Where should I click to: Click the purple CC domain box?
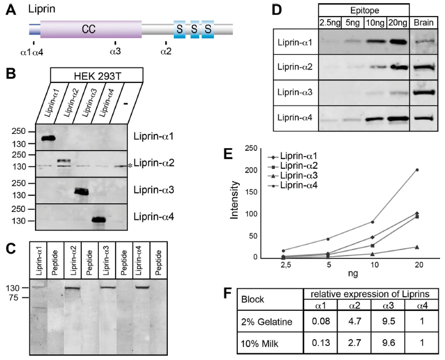coord(91,29)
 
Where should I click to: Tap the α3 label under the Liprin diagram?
coord(115,52)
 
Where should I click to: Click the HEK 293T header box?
coord(96,75)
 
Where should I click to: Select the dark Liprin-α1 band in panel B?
coord(48,138)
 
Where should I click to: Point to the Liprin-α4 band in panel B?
coord(99,219)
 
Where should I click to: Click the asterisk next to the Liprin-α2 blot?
coord(130,166)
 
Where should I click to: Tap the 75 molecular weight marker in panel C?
coord(12,297)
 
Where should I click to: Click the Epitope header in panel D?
coord(364,11)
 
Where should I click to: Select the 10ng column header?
coord(375,23)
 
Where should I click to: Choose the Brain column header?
coord(423,23)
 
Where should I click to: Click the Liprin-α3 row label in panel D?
coord(295,93)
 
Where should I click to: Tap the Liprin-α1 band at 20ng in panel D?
coord(398,42)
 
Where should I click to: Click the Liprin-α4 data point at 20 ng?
coord(417,170)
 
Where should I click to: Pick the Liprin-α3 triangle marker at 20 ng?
coord(417,247)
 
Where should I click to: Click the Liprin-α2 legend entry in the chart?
coord(293,166)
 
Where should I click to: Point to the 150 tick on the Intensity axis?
coord(251,192)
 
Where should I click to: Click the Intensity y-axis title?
coord(235,200)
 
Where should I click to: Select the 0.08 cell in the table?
coord(321,321)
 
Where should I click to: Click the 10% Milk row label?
coord(259,343)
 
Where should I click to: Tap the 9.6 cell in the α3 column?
coord(388,343)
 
